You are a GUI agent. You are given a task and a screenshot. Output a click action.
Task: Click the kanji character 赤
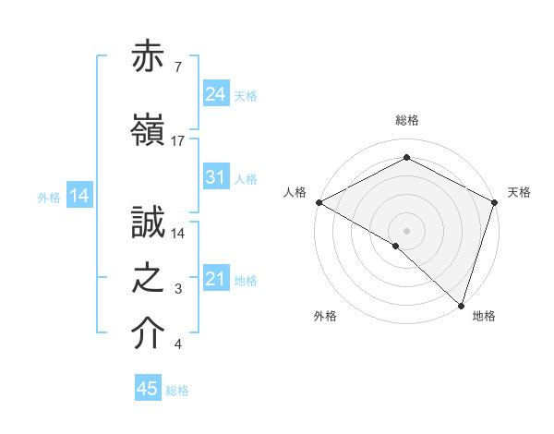pyautogui.click(x=149, y=58)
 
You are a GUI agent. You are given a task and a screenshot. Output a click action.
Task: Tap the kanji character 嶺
pyautogui.click(x=149, y=129)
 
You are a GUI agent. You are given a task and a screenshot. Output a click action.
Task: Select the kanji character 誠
pyautogui.click(x=149, y=223)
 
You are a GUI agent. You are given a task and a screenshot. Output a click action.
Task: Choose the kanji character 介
pyautogui.click(x=149, y=334)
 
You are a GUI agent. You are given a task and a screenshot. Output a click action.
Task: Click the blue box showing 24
pyautogui.click(x=216, y=93)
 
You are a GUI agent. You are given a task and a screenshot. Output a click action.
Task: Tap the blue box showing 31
pyautogui.click(x=216, y=178)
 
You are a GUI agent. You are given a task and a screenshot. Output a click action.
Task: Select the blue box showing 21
pyautogui.click(x=216, y=280)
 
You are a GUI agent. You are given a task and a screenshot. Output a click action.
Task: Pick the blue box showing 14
pyautogui.click(x=79, y=196)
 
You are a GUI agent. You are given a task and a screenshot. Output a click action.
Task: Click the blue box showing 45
pyautogui.click(x=148, y=389)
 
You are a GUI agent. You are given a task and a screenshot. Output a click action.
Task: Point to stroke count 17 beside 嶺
pyautogui.click(x=178, y=140)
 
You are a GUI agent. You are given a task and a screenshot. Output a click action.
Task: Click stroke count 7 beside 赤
pyautogui.click(x=176, y=68)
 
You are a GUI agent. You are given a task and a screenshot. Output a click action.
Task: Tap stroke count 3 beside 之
pyautogui.click(x=178, y=290)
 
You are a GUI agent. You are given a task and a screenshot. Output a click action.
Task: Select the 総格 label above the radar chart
pyautogui.click(x=407, y=120)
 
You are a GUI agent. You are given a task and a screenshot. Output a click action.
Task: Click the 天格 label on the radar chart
pyautogui.click(x=519, y=192)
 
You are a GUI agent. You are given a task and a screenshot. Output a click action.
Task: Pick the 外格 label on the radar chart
pyautogui.click(x=325, y=316)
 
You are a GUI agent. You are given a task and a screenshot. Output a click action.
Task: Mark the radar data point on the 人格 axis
pyautogui.click(x=319, y=202)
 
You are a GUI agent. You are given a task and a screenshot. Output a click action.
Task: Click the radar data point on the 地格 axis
pyautogui.click(x=461, y=305)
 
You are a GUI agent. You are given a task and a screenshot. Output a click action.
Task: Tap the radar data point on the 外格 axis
pyautogui.click(x=396, y=246)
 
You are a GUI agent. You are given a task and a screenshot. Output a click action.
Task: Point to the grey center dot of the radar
pyautogui.click(x=406, y=230)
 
